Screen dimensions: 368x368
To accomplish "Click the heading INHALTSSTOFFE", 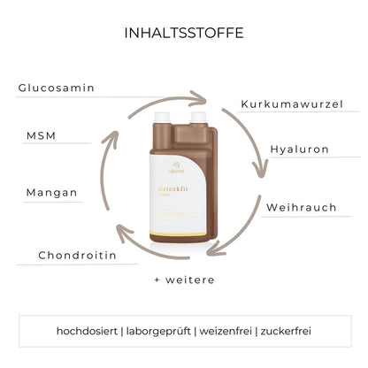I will (x=184, y=33).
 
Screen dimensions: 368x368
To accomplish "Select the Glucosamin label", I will (x=57, y=88).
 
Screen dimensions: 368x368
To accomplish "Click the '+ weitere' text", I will (x=183, y=279).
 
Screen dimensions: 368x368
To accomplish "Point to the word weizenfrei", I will (x=225, y=330).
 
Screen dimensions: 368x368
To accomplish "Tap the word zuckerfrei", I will (x=285, y=330).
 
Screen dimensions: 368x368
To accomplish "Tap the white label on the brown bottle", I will (x=172, y=208).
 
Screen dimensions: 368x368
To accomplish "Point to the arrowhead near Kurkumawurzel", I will (x=200, y=101).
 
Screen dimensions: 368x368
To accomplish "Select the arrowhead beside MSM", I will (x=111, y=136).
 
